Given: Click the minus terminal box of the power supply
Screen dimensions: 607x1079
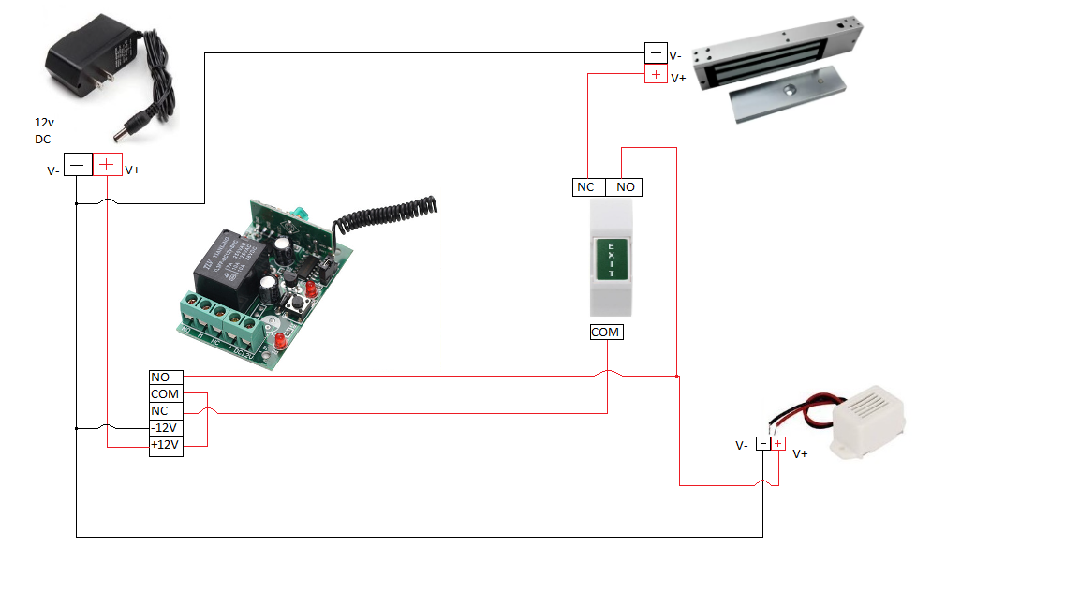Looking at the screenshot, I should click(x=78, y=165).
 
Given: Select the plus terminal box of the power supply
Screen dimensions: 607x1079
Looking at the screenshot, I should click(x=107, y=165).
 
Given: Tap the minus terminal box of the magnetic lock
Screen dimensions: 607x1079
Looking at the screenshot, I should click(x=656, y=53).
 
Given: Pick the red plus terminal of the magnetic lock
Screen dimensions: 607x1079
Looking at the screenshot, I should click(x=656, y=74).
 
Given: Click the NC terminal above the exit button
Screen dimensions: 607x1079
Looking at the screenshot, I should click(x=586, y=186).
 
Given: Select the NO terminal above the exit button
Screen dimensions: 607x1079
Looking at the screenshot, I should click(x=625, y=186).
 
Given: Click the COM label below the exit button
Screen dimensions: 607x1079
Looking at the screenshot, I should click(x=606, y=332).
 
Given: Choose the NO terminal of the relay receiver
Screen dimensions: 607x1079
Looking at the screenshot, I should click(x=160, y=377).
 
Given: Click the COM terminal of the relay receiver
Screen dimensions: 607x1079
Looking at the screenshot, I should click(x=165, y=394).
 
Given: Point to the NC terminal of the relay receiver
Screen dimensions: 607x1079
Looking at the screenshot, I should click(x=160, y=411).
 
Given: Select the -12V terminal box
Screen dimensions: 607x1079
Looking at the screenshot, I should click(x=165, y=428).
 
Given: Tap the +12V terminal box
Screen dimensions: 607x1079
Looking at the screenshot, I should click(x=165, y=445).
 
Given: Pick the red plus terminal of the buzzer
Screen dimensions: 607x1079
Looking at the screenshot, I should click(x=777, y=444).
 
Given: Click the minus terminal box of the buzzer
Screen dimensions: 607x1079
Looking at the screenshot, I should click(x=763, y=444).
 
